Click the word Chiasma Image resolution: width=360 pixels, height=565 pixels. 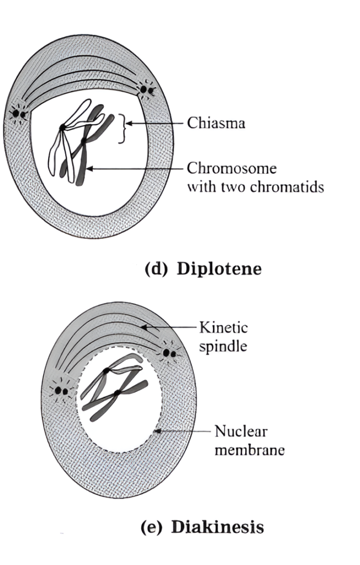(216, 123)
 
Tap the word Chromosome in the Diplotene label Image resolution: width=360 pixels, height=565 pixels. (232, 168)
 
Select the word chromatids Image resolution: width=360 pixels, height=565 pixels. (289, 186)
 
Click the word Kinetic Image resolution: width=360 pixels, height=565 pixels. (223, 328)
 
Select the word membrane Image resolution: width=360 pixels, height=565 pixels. (249, 450)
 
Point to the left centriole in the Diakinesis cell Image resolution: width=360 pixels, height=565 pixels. (62, 391)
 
